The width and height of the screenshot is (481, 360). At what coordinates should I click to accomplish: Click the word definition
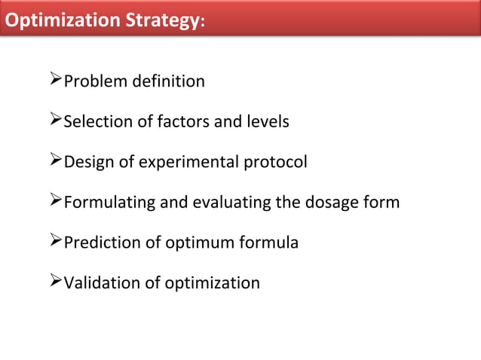pyautogui.click(x=166, y=81)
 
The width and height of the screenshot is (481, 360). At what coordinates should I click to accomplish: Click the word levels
pyautogui.click(x=265, y=121)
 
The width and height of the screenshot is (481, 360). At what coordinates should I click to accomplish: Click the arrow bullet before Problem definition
pyautogui.click(x=55, y=80)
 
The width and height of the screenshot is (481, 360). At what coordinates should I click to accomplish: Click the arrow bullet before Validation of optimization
pyautogui.click(x=55, y=283)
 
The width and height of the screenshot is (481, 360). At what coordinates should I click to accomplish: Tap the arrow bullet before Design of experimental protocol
pyautogui.click(x=55, y=161)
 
